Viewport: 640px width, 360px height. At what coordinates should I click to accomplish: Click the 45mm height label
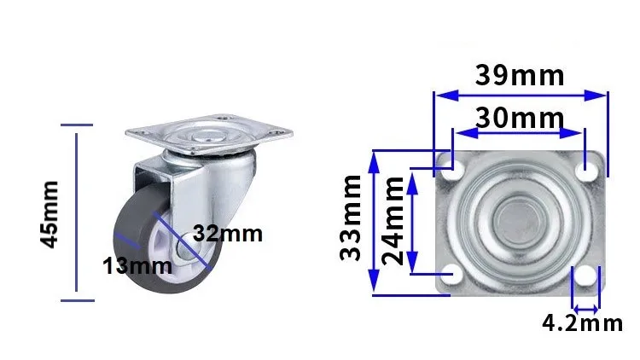pos(50,213)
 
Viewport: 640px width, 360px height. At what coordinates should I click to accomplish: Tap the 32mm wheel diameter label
pos(226,233)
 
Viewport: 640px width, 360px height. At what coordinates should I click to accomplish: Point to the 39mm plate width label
pos(520,75)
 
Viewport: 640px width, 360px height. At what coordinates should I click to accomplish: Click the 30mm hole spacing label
pos(519,118)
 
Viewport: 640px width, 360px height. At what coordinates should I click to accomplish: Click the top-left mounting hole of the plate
pos(454,170)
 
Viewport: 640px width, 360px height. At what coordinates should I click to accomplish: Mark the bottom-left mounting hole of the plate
pos(454,274)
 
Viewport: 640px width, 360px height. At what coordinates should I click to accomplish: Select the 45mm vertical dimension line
pos(78,212)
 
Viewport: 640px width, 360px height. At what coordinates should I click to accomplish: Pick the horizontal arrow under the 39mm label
pos(520,94)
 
